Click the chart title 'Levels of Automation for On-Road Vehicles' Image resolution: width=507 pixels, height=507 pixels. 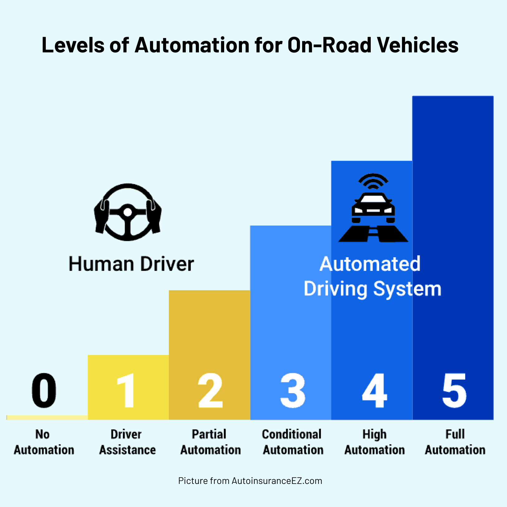point(250,45)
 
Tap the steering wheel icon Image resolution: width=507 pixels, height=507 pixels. point(128,212)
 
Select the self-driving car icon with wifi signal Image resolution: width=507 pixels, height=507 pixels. point(373,208)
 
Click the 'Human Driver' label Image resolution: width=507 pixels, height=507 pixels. point(131,264)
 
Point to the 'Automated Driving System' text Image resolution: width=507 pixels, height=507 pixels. point(372,276)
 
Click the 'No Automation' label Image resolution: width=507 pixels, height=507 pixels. point(44,442)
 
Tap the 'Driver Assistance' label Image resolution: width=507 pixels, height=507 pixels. point(127,442)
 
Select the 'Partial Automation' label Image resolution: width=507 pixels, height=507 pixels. point(210,442)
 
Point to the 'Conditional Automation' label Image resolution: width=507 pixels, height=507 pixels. point(293,442)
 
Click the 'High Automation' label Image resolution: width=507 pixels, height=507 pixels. point(374,442)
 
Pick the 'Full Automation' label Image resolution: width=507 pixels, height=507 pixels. point(455,442)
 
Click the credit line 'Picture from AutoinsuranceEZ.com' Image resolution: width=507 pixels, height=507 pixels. point(250,481)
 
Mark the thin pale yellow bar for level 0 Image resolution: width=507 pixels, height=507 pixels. point(47,418)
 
